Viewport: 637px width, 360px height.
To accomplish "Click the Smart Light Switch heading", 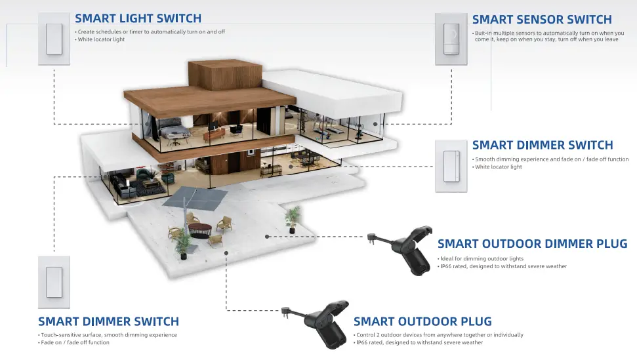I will (x=138, y=18).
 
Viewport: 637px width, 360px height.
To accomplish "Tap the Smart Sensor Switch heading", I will (x=542, y=20).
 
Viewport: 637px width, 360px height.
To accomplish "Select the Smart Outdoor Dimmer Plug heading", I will (x=532, y=244).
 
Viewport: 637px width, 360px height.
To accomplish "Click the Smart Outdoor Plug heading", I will (x=422, y=321).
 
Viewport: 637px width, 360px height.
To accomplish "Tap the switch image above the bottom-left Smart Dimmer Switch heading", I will (x=53, y=282).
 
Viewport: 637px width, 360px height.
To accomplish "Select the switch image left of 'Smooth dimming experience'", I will (x=451, y=165).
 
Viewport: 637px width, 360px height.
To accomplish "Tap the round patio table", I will (x=199, y=230).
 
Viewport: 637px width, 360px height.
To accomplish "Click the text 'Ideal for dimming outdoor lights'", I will (x=482, y=259).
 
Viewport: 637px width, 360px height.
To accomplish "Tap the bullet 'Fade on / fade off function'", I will (x=75, y=342).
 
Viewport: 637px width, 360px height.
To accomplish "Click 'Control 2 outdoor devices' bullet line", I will (x=439, y=335).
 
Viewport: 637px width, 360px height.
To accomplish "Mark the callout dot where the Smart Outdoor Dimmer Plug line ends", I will (x=267, y=236).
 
